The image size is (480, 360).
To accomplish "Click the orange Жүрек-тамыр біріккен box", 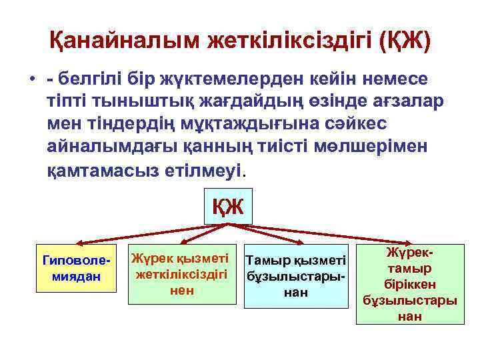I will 409,284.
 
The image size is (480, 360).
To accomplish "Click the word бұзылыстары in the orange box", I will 410,301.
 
